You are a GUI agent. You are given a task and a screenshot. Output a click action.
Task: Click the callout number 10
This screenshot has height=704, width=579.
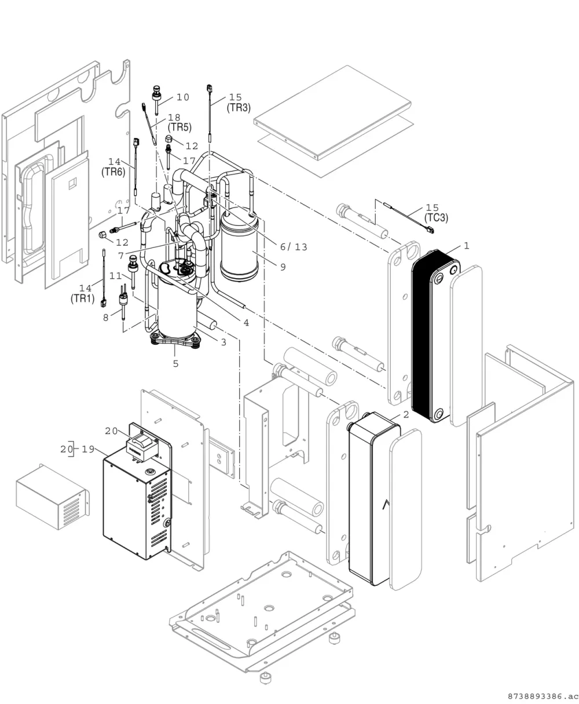[x=183, y=97]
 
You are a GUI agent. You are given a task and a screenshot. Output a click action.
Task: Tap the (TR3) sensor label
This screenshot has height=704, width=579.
[x=239, y=108]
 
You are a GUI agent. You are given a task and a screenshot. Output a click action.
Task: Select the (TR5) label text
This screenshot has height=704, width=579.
[x=179, y=127]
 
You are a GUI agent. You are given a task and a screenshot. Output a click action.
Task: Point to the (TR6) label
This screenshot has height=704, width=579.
[x=113, y=172]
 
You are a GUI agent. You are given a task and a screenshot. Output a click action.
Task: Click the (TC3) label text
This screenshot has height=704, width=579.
[x=436, y=218]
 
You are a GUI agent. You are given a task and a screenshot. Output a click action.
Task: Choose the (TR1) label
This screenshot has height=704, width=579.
[x=82, y=298]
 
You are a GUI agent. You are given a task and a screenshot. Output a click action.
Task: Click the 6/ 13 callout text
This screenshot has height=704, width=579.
[x=294, y=247]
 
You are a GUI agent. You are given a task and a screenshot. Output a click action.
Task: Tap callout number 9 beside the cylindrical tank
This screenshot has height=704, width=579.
[x=283, y=267]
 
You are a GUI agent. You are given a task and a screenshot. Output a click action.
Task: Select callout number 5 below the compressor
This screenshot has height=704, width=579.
[x=176, y=364]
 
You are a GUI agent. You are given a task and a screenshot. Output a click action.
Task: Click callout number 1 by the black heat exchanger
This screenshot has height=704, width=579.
[x=467, y=246]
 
